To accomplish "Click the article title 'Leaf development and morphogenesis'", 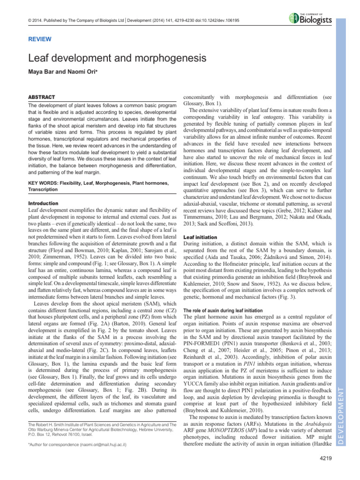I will pyautogui.click(x=117, y=59).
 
